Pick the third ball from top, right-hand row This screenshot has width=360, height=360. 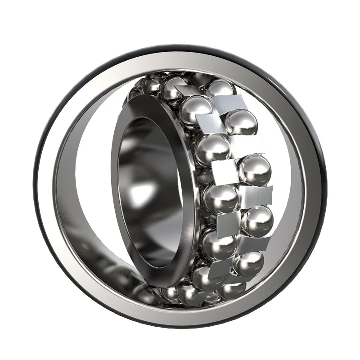[x=255, y=169]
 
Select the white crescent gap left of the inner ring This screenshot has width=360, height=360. [x=88, y=189]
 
